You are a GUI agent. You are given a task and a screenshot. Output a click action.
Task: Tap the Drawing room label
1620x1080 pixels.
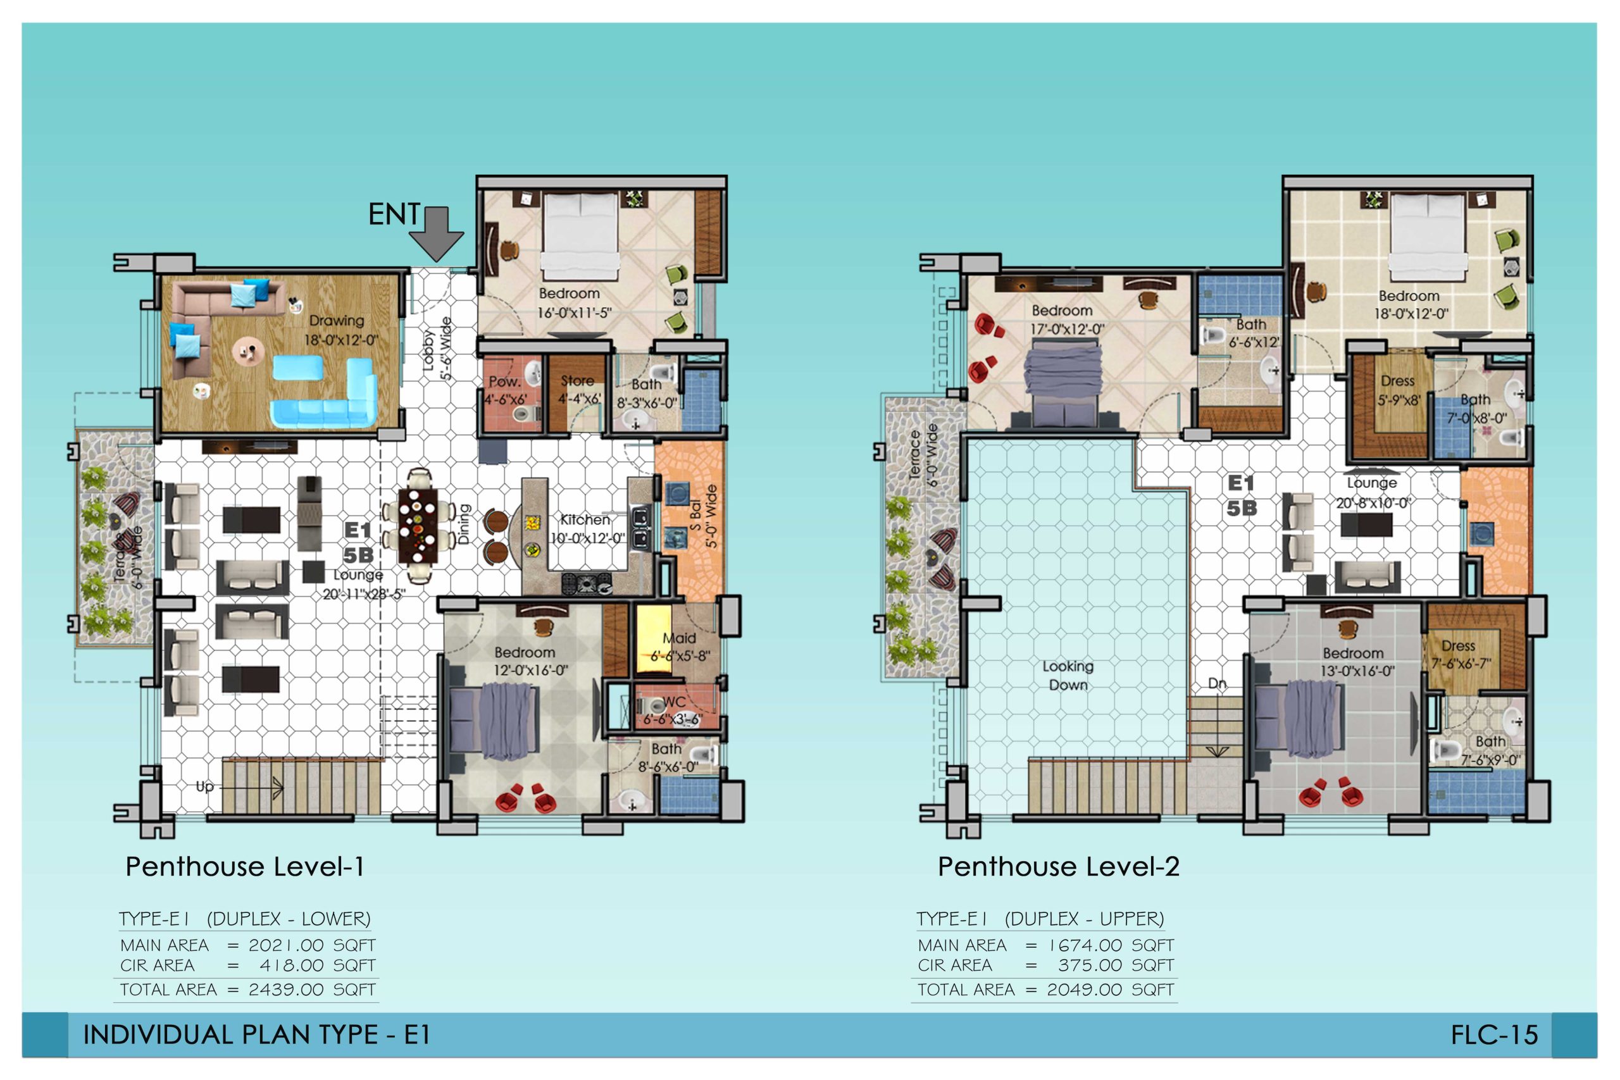[x=336, y=320]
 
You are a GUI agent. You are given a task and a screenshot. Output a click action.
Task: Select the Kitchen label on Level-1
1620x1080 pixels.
[x=585, y=519]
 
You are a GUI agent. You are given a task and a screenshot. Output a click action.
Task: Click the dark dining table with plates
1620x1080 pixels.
[x=418, y=526]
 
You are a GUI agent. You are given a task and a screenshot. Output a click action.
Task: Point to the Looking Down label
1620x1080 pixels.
[x=1068, y=676]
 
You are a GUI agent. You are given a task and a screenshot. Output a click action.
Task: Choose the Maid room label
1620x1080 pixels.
[x=679, y=638]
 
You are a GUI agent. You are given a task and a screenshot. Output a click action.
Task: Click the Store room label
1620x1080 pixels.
[x=577, y=380]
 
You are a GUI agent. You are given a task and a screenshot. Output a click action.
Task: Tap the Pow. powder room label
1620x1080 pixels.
[x=505, y=382]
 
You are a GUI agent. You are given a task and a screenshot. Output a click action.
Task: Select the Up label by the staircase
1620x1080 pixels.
[x=204, y=786]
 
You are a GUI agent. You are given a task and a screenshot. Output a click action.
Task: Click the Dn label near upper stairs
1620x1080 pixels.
[x=1217, y=684]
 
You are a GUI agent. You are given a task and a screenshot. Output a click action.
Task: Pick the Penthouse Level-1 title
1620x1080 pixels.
[x=244, y=867]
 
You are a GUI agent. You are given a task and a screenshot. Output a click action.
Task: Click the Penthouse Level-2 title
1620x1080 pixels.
[x=1059, y=867]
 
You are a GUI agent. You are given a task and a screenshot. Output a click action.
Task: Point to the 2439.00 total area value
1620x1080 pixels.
[x=286, y=990]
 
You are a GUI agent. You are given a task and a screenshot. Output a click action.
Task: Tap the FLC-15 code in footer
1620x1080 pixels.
[x=1494, y=1034]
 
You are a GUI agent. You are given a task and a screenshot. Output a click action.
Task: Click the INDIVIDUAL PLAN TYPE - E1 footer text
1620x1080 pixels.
[x=256, y=1034]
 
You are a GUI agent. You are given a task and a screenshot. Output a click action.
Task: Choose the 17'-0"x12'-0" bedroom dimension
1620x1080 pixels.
[x=1067, y=329]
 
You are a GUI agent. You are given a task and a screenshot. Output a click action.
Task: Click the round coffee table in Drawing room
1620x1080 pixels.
[x=247, y=351]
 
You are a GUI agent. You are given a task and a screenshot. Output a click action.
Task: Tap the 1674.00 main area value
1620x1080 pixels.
[x=1085, y=945]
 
